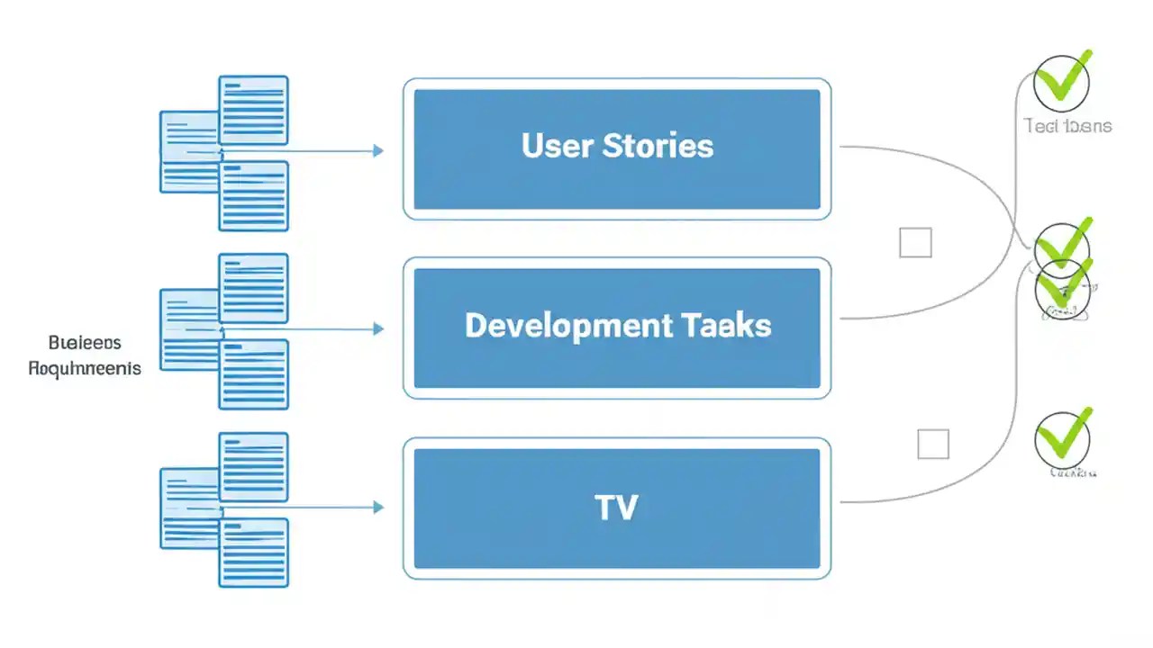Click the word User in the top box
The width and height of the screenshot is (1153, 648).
[x=557, y=146]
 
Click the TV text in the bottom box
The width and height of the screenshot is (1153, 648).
[x=617, y=508]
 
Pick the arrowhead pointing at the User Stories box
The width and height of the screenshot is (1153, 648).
[x=378, y=151]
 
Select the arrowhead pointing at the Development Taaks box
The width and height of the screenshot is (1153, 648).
[x=378, y=329]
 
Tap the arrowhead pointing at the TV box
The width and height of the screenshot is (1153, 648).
[x=378, y=508]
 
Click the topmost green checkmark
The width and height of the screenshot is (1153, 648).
[x=1063, y=79]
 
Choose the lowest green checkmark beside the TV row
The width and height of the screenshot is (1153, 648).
[x=1063, y=437]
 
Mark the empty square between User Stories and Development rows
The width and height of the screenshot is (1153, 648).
[x=915, y=243]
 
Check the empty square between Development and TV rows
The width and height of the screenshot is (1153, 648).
[x=933, y=445]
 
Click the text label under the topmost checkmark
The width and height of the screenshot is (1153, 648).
[x=1067, y=126]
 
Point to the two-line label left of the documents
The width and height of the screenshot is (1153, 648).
[x=85, y=355]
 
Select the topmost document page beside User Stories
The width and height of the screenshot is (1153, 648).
[x=253, y=110]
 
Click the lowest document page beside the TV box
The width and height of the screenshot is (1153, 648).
[x=253, y=553]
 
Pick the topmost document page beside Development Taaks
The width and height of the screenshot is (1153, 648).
[x=253, y=288]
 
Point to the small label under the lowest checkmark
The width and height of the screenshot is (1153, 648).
[x=1072, y=472]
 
